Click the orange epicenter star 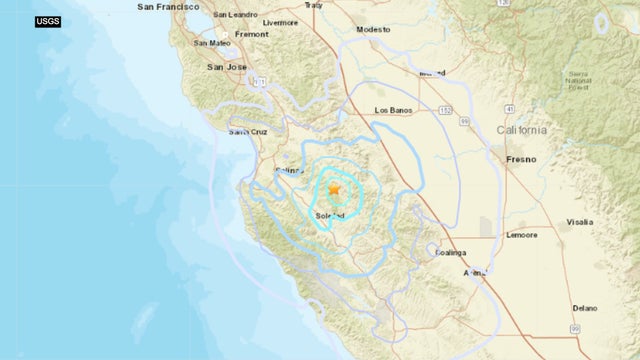tap(335, 188)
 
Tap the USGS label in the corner tap(47, 21)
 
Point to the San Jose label tap(226, 67)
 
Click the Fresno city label tap(520, 159)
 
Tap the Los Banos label tap(393, 110)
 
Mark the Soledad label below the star tap(330, 215)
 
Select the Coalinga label tap(451, 253)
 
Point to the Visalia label tap(579, 222)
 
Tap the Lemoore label tap(520, 235)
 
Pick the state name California tap(522, 131)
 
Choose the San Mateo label tap(213, 43)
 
